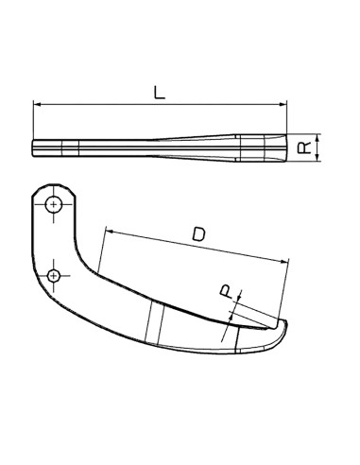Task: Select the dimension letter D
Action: [x=197, y=233]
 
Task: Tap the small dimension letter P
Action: [x=226, y=294]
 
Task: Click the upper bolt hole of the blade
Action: [x=56, y=203]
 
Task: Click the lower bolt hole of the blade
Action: [x=55, y=274]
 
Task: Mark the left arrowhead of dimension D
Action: [x=108, y=230]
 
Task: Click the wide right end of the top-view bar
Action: [x=283, y=148]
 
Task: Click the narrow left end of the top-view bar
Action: [x=34, y=147]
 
